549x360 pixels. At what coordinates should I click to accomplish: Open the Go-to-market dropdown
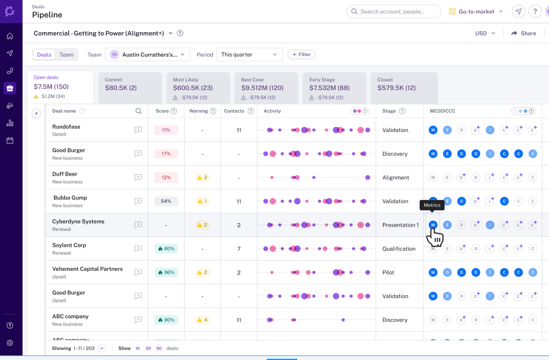(476, 11)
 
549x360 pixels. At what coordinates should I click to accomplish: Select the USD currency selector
(485, 33)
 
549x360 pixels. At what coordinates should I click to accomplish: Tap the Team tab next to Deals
(66, 55)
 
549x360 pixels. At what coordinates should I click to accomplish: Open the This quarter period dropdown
(249, 55)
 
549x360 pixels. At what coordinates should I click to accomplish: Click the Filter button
(301, 54)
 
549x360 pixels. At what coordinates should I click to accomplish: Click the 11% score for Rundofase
(166, 130)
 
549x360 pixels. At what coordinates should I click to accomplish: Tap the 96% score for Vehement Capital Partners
(166, 272)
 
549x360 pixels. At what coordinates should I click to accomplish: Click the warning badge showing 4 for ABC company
(202, 320)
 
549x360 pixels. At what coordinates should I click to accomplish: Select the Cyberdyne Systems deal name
(78, 222)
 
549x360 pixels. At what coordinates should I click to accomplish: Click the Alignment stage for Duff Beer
(395, 177)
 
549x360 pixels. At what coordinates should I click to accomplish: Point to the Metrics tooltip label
(432, 205)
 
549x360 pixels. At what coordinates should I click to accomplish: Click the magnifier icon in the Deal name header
(139, 111)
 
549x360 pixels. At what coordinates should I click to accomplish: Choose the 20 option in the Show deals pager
(148, 349)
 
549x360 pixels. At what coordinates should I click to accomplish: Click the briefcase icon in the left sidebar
(10, 88)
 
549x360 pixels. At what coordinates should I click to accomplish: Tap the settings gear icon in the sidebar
(10, 343)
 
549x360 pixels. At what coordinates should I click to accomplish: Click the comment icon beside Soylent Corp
(138, 249)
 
